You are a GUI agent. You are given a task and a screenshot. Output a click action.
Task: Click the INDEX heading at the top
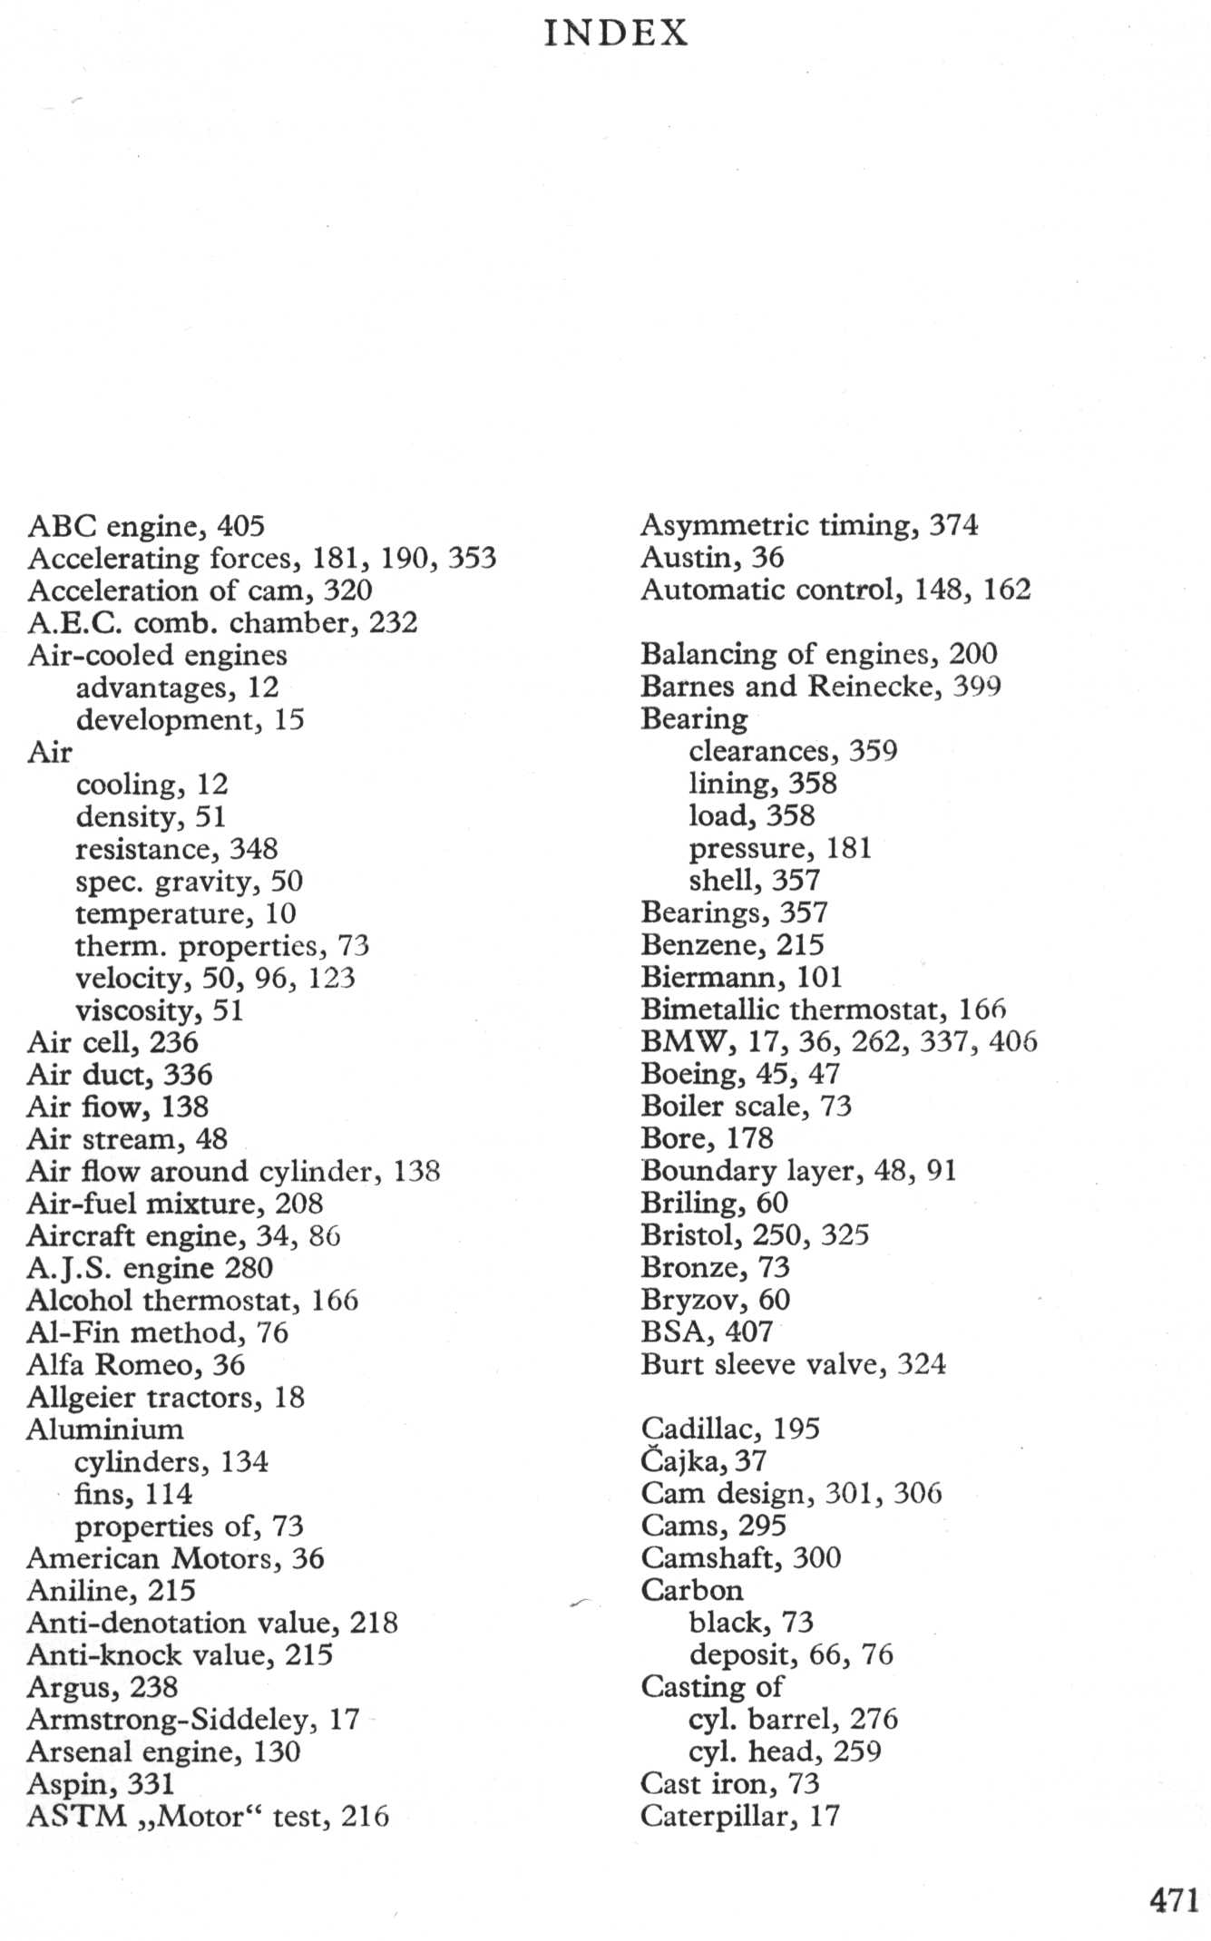(616, 34)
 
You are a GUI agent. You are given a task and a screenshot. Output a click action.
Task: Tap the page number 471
(1174, 1899)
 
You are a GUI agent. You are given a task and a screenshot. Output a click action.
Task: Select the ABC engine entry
(145, 526)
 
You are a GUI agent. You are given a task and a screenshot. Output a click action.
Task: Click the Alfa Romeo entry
(136, 1365)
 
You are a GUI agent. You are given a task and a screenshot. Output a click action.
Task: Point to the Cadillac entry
(729, 1429)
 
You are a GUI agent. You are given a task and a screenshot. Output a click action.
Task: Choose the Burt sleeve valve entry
(793, 1364)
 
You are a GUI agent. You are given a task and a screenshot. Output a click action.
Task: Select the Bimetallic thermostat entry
(823, 1009)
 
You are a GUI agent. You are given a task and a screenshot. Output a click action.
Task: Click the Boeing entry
(740, 1074)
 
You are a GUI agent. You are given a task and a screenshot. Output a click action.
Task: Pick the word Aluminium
(105, 1429)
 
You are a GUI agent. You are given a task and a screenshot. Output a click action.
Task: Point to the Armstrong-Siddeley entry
(193, 1720)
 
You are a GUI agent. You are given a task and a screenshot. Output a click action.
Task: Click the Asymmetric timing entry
(809, 525)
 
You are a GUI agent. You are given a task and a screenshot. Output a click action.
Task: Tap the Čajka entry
(703, 1461)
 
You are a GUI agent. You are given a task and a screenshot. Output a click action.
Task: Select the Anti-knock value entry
(180, 1655)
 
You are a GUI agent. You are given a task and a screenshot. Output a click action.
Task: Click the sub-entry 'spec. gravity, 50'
(189, 882)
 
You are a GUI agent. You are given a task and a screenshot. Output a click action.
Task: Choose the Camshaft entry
(740, 1558)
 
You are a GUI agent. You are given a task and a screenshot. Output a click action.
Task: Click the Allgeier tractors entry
(165, 1398)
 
